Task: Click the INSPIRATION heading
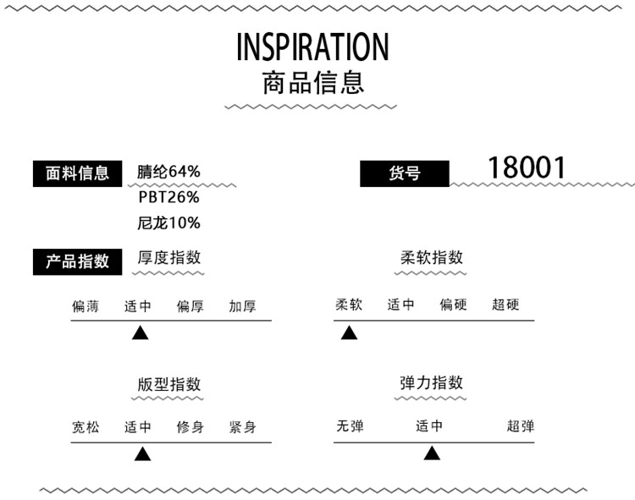pyautogui.click(x=313, y=47)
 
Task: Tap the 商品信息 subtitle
pyautogui.click(x=313, y=84)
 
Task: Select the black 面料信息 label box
pyautogui.click(x=77, y=173)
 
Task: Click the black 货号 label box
pyautogui.click(x=404, y=174)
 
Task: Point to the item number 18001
pyautogui.click(x=526, y=168)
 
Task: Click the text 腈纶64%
pyautogui.click(x=169, y=172)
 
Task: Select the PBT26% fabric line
pyautogui.click(x=169, y=198)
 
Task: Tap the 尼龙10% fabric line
pyautogui.click(x=169, y=223)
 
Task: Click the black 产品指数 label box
pyautogui.click(x=77, y=261)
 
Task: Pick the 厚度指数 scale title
pyautogui.click(x=169, y=258)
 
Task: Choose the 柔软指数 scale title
pyautogui.click(x=432, y=258)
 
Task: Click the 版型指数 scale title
pyautogui.click(x=169, y=384)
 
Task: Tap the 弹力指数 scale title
pyautogui.click(x=432, y=382)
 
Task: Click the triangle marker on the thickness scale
pyautogui.click(x=141, y=332)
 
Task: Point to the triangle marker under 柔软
pyautogui.click(x=349, y=332)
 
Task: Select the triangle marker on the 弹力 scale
pyautogui.click(x=432, y=453)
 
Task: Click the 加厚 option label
pyautogui.click(x=242, y=306)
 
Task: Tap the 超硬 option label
pyautogui.click(x=505, y=305)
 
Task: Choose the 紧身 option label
pyautogui.click(x=242, y=427)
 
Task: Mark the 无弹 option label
pyautogui.click(x=350, y=426)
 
